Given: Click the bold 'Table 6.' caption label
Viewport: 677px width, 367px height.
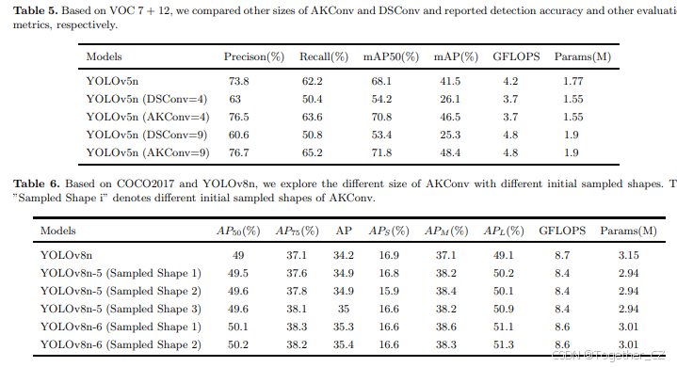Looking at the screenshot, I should [x=28, y=182].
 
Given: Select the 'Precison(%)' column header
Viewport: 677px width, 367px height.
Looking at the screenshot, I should [x=253, y=57].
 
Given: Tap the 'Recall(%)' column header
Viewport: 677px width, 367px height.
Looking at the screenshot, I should [x=322, y=57].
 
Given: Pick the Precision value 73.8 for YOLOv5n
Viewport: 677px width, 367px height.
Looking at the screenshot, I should [x=236, y=82].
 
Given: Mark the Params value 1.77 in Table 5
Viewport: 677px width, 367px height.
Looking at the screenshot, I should [x=572, y=82].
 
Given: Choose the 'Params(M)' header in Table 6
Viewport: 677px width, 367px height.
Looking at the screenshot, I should [x=627, y=230].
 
